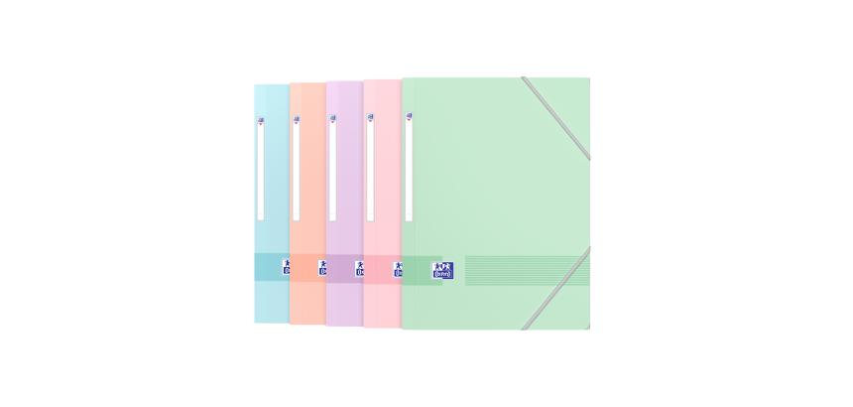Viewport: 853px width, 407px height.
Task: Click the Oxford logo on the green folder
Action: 442,270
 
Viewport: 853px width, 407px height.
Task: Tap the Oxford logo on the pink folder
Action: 398,269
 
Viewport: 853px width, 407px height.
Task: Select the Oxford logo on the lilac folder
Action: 359,268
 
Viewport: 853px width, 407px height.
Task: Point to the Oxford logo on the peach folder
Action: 322,268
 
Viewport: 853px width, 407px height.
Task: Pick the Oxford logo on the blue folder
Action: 286,268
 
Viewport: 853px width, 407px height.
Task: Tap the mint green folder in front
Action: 496,199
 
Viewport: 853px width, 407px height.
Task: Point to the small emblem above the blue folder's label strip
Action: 261,121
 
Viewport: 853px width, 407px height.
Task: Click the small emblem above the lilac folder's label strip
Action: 332,119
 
